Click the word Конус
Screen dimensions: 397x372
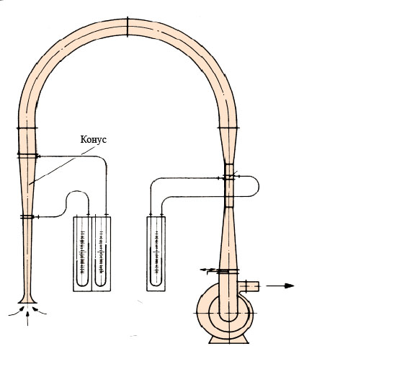(94, 139)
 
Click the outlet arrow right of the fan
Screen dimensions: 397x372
(280, 285)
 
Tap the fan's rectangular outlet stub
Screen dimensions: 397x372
(249, 286)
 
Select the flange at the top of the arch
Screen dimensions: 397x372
(128, 27)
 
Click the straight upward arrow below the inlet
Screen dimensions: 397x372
(27, 318)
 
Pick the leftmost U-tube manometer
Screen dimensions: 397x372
(82, 254)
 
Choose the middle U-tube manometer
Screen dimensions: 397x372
(101, 254)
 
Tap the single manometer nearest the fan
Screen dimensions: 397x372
(156, 253)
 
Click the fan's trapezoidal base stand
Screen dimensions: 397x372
(229, 340)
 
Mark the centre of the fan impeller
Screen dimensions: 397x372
(229, 313)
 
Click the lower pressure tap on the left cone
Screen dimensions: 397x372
(27, 217)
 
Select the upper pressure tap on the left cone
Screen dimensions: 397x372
(28, 156)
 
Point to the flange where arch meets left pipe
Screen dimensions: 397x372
(27, 128)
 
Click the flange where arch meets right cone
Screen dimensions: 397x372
(228, 128)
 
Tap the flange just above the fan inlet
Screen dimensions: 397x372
(228, 271)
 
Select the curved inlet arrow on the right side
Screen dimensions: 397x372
(40, 311)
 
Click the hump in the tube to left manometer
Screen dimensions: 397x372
(77, 192)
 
